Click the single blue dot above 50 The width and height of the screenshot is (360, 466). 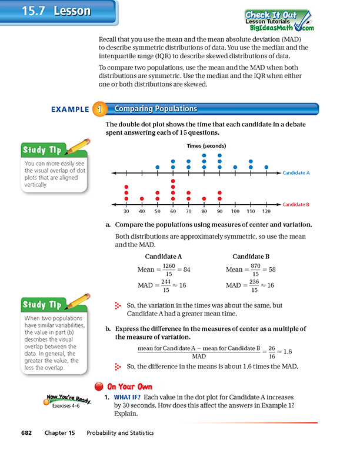point(157,167)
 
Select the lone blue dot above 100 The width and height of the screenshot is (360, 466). point(235,167)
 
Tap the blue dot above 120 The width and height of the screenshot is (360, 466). point(266,167)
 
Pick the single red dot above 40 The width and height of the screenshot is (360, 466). point(142,199)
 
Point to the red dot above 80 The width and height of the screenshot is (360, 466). point(204,199)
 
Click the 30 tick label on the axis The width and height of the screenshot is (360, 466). point(126,211)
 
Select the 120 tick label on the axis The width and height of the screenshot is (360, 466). point(266,211)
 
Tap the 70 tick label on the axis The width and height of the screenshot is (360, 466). point(188,211)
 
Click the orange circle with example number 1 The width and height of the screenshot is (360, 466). point(100,109)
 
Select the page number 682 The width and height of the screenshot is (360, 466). point(25,433)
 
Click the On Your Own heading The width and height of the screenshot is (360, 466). point(129,387)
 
